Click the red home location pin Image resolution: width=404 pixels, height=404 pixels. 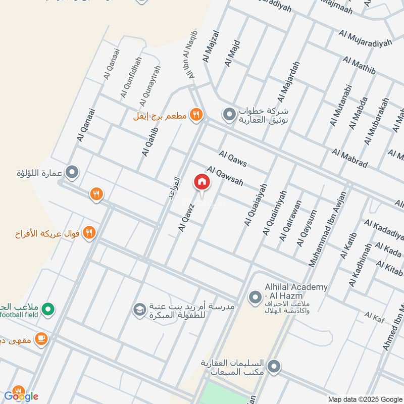201,182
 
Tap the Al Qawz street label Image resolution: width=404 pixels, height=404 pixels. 186,218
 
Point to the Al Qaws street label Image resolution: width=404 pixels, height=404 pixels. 233,159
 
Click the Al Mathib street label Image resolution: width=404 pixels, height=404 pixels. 359,66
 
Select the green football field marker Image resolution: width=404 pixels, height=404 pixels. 48,309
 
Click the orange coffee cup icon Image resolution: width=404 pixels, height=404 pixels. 41,338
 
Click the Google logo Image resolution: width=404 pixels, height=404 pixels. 21,396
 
